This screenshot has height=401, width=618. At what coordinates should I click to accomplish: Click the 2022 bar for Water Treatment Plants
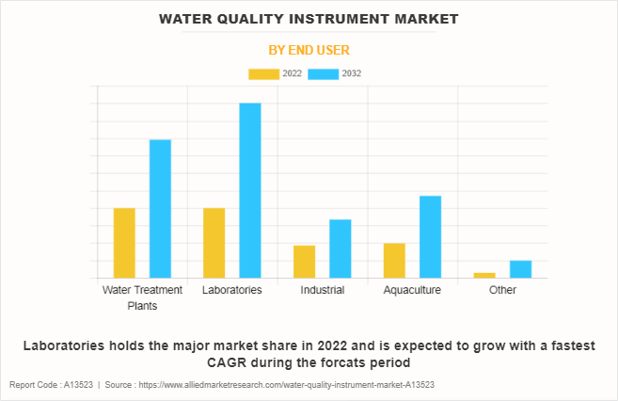[x=124, y=243]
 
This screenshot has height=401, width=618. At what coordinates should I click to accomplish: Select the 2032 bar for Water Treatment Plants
[x=160, y=209]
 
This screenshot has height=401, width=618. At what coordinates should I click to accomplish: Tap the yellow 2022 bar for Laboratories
[x=214, y=243]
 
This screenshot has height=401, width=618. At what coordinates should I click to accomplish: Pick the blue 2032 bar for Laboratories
[x=249, y=190]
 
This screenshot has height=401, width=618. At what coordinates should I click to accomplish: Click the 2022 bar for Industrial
[x=304, y=262]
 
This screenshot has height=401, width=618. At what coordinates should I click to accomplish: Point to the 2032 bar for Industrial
[x=340, y=249]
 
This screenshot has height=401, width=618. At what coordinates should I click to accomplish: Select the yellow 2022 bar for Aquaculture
[x=394, y=261]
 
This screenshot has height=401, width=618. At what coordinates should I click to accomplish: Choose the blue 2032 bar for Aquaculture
[x=430, y=236]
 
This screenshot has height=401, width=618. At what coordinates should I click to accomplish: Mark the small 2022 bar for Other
[x=484, y=275]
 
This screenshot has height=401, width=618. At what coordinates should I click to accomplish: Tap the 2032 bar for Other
[x=520, y=269]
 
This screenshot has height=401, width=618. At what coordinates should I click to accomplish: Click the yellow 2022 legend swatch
[x=263, y=73]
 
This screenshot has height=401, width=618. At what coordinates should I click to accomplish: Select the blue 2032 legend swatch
[x=324, y=73]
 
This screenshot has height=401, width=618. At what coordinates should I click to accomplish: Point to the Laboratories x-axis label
[x=231, y=290]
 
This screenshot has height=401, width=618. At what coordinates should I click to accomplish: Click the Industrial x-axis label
[x=322, y=290]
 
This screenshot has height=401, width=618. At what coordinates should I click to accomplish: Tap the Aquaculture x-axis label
[x=412, y=290]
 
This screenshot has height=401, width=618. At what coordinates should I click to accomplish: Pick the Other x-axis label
[x=502, y=290]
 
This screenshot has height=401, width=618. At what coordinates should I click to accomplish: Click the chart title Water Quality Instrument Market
[x=309, y=18]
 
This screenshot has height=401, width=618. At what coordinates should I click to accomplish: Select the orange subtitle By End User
[x=309, y=49]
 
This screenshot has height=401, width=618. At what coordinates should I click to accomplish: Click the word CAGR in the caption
[x=226, y=362]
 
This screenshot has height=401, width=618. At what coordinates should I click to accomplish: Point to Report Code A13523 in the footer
[x=52, y=386]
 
